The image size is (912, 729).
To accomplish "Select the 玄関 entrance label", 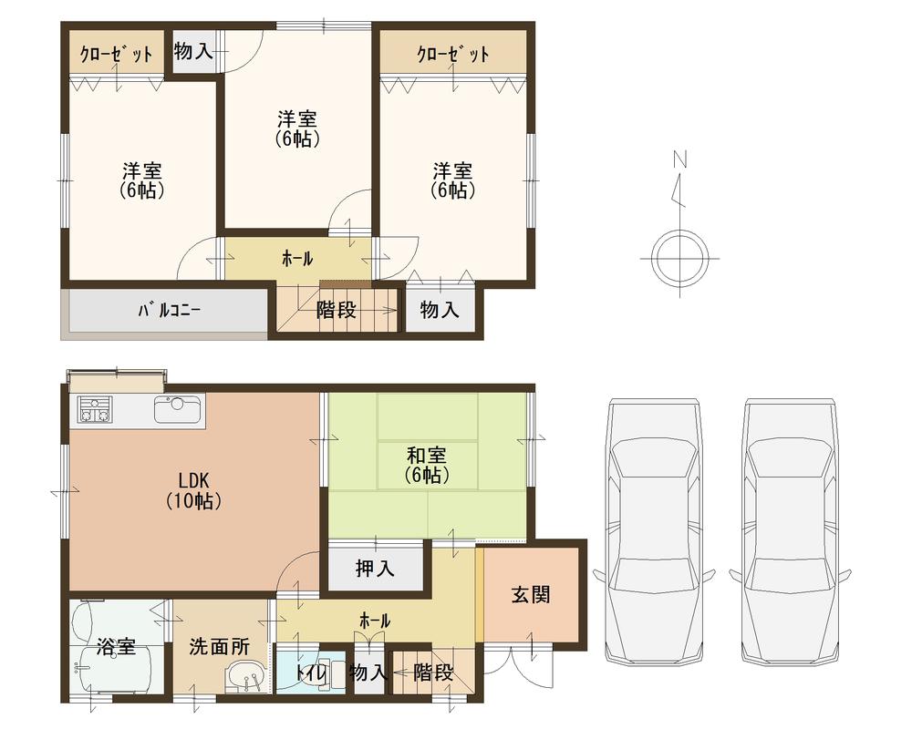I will [530, 595].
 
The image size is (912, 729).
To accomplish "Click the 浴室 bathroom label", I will [116, 647].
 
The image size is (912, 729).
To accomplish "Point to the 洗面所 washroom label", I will [219, 646].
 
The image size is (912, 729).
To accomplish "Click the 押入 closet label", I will [375, 569].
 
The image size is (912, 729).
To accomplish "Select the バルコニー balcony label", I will [170, 310].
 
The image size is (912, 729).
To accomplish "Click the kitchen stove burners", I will [95, 409].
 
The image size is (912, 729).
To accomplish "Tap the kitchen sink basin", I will [178, 409].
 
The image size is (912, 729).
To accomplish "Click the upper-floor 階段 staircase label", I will [337, 310].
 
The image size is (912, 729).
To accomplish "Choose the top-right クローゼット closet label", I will [453, 54].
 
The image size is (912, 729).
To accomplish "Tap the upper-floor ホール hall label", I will [297, 259].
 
